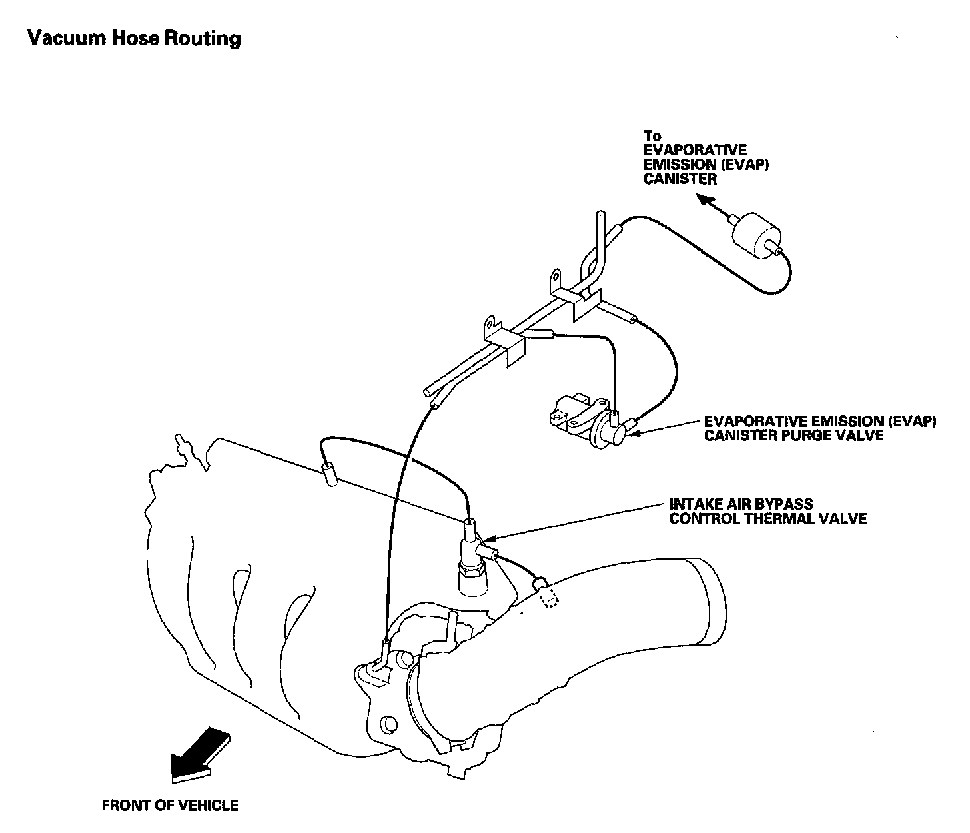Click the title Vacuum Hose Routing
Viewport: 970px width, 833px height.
[134, 38]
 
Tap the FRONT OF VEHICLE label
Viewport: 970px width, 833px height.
[170, 806]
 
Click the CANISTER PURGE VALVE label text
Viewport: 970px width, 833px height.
[794, 436]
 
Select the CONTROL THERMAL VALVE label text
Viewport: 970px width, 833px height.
[768, 519]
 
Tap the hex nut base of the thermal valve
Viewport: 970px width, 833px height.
[472, 572]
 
